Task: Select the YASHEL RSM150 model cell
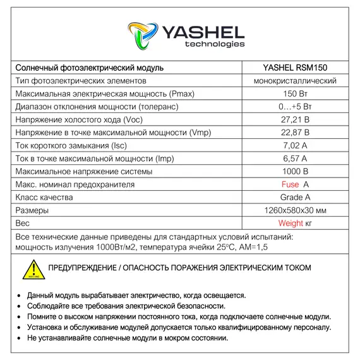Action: [294, 68]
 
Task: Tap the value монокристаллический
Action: [294, 81]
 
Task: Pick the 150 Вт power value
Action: [294, 94]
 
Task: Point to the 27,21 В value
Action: [294, 120]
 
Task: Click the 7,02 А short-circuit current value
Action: [294, 146]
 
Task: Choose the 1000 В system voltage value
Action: [294, 172]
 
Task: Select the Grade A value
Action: [294, 198]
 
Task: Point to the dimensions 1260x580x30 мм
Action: [294, 210]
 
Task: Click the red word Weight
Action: [291, 224]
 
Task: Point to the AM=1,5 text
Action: [252, 246]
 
